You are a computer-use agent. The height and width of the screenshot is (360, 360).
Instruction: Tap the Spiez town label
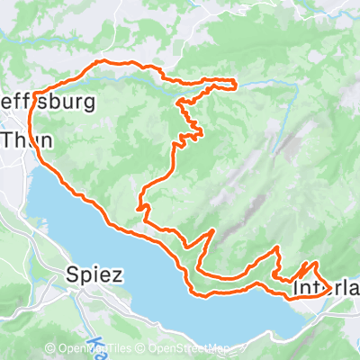click(94, 274)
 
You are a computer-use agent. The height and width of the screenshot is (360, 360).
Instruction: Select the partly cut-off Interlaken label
click(326, 289)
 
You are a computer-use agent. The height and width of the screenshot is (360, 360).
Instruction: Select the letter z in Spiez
click(115, 275)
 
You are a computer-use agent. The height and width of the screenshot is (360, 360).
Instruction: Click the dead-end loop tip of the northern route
click(236, 85)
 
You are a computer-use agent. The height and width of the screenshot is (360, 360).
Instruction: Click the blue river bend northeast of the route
click(295, 85)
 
